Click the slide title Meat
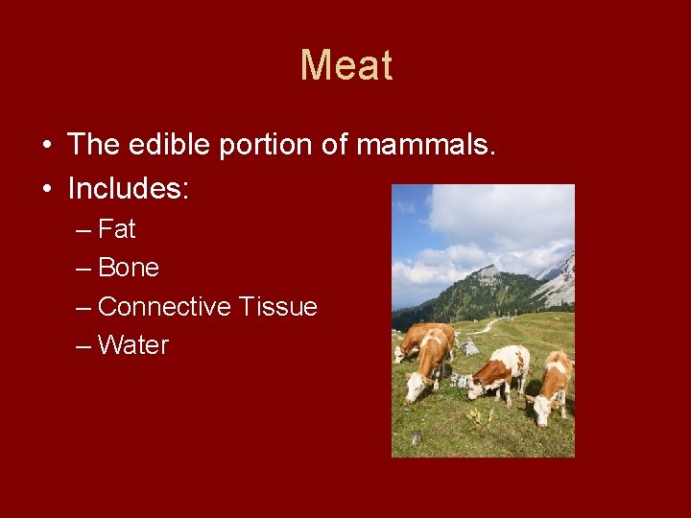[346, 66]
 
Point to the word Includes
[129, 188]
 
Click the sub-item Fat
[117, 229]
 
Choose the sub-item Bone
[129, 268]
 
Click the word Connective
[165, 307]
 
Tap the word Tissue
[278, 307]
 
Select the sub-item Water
[133, 345]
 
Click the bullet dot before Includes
[47, 189]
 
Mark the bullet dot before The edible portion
[47, 146]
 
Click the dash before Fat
[83, 230]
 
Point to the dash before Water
[83, 346]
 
